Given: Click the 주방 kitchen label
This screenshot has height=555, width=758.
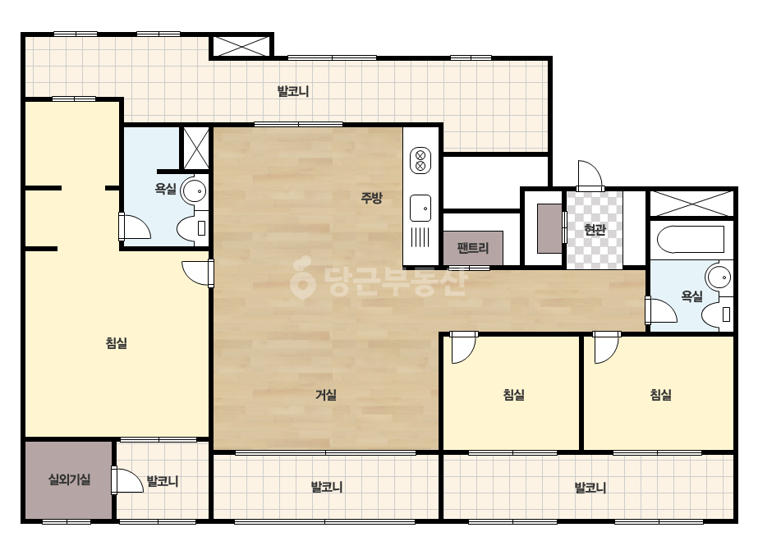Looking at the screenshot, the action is point(371,197).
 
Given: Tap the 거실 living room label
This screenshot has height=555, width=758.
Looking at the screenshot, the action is point(326,395).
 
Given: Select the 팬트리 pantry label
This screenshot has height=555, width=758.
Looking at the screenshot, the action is point(473,248).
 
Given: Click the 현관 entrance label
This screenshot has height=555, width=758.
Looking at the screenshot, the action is point(595,229).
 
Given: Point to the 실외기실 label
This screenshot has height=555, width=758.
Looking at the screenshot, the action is point(69,479).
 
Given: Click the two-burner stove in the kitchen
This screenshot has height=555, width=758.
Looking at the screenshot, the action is point(420,161).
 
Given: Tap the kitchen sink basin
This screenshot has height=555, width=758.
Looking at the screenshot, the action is point(420,209).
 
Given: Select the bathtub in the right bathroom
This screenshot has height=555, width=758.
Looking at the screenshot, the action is point(691,239).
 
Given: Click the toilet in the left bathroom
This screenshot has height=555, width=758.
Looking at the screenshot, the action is point(192,228).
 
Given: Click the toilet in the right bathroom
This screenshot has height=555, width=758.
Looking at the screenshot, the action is point(718,314).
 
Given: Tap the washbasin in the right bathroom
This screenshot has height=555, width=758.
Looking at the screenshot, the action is point(719,277).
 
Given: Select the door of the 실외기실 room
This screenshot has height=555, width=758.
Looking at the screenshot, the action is point(127,480).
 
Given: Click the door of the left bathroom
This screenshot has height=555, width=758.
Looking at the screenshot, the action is point(135,227).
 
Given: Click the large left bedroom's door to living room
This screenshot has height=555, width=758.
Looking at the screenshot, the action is point(198,273).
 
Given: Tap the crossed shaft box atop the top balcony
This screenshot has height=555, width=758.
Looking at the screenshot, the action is point(241,46).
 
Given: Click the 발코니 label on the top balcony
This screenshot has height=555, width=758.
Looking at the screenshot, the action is point(293,91).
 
